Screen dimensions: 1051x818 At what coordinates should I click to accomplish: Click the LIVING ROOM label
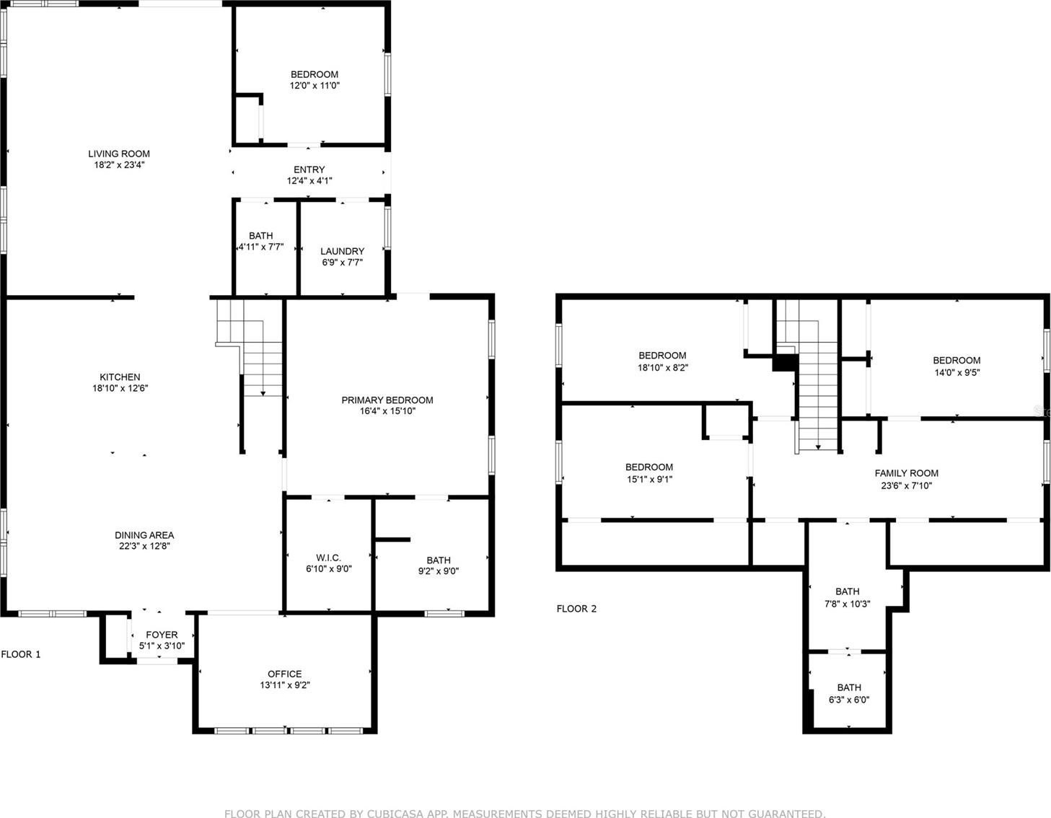tap(119, 154)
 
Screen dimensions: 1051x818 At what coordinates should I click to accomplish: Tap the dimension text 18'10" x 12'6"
tap(120, 388)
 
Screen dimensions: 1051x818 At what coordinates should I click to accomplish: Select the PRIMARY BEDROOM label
tap(387, 400)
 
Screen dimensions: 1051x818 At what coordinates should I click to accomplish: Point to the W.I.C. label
tap(328, 558)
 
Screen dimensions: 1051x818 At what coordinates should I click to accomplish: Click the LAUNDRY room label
tap(343, 252)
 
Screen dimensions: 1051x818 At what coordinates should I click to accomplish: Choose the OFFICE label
tap(285, 674)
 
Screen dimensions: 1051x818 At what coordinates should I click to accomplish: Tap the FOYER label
tap(162, 634)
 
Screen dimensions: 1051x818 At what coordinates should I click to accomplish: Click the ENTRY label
tap(309, 170)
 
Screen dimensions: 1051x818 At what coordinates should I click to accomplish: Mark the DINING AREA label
tap(144, 535)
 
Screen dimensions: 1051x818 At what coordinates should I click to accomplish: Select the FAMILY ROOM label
tap(907, 473)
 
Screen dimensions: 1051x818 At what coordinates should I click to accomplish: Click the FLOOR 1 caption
tap(21, 654)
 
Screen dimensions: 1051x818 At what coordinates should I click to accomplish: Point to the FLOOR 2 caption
tap(576, 609)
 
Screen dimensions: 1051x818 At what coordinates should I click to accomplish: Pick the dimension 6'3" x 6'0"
tap(849, 700)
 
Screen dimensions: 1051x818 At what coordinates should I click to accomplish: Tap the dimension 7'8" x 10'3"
tap(848, 604)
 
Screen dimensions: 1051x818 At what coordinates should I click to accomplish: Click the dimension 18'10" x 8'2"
tap(663, 367)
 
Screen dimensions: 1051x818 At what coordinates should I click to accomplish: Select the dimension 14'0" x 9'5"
tap(957, 372)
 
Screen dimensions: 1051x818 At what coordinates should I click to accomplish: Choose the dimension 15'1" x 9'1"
tap(649, 479)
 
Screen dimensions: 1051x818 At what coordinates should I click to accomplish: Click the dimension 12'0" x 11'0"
tap(315, 86)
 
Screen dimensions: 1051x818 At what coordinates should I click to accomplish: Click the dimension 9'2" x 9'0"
tap(439, 571)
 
